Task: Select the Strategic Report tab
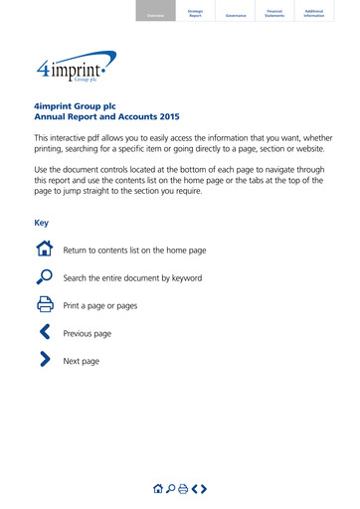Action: pos(195,13)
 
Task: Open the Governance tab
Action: pos(236,15)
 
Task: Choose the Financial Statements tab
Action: pos(274,13)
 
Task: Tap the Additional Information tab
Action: pos(314,13)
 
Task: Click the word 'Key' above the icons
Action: pos(42,223)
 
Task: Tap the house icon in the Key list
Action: pos(45,250)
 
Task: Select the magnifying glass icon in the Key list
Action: pos(45,277)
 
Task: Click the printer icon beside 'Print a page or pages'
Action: pos(45,305)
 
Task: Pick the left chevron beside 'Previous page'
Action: pos(44,333)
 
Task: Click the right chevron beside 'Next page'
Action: pos(45,361)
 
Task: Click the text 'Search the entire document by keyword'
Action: pos(132,278)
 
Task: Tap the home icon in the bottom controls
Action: pos(157,488)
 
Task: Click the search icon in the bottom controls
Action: pos(170,488)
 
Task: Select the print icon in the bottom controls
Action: pos(183,488)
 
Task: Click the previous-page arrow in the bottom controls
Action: pos(194,488)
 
